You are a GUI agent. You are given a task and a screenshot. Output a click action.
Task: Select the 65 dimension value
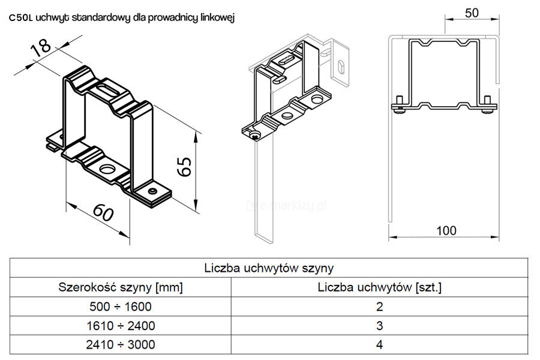click(x=185, y=167)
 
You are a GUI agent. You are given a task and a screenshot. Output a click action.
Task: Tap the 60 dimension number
click(x=103, y=212)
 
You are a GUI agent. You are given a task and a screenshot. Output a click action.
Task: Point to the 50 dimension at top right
click(x=472, y=13)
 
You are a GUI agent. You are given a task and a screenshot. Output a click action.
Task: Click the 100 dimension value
click(x=446, y=230)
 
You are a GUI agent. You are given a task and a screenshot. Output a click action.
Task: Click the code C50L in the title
click(x=20, y=18)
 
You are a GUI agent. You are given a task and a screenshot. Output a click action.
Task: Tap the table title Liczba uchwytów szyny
click(x=269, y=268)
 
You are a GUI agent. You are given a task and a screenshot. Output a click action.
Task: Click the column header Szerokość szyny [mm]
click(x=121, y=287)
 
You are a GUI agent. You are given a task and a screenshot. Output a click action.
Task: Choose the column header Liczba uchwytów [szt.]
click(x=380, y=287)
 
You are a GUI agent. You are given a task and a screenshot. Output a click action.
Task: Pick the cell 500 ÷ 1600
click(x=121, y=306)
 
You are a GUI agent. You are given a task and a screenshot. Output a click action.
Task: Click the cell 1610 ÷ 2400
click(x=121, y=326)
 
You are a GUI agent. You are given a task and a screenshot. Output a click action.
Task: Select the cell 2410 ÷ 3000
click(x=121, y=344)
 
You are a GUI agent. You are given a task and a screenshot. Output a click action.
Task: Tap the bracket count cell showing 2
click(x=380, y=306)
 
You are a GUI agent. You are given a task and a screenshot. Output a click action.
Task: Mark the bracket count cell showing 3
click(x=380, y=326)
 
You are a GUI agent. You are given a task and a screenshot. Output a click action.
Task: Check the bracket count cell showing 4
click(x=380, y=344)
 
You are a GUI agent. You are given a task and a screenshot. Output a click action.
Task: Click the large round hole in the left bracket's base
click(x=108, y=169)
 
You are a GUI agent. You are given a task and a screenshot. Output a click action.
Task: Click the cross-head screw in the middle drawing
click(x=256, y=135)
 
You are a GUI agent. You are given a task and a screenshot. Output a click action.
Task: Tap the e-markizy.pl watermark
click(x=287, y=206)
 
